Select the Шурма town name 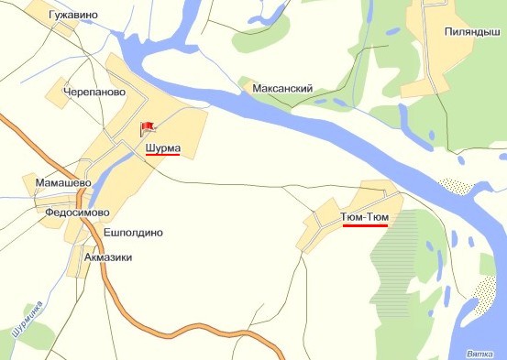[x=162, y=147]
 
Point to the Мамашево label [x=61, y=183]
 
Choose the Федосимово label [x=77, y=212]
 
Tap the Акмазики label [x=108, y=257]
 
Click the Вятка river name [x=480, y=353]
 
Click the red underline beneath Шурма [x=162, y=155]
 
